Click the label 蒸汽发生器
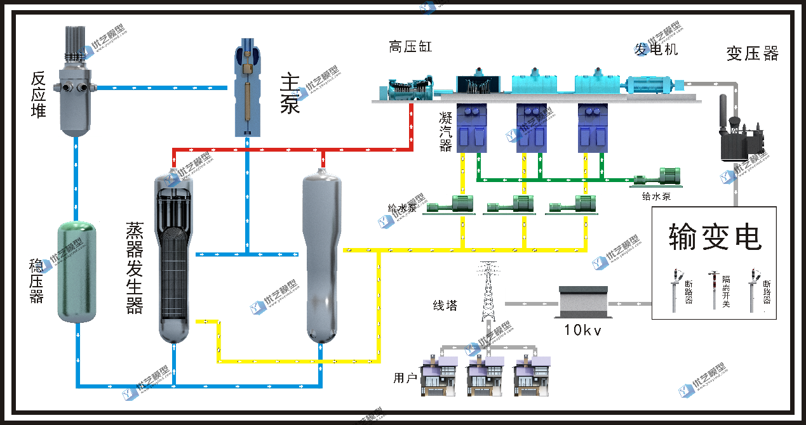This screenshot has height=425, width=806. coord(135,267)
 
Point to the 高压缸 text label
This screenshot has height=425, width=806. coord(410,46)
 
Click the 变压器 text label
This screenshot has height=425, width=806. coord(752,54)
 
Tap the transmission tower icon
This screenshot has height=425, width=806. coord(487,291)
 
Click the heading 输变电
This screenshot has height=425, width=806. coord(715,237)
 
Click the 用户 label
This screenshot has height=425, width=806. coord(405,379)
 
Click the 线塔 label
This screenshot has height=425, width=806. coord(445,305)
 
